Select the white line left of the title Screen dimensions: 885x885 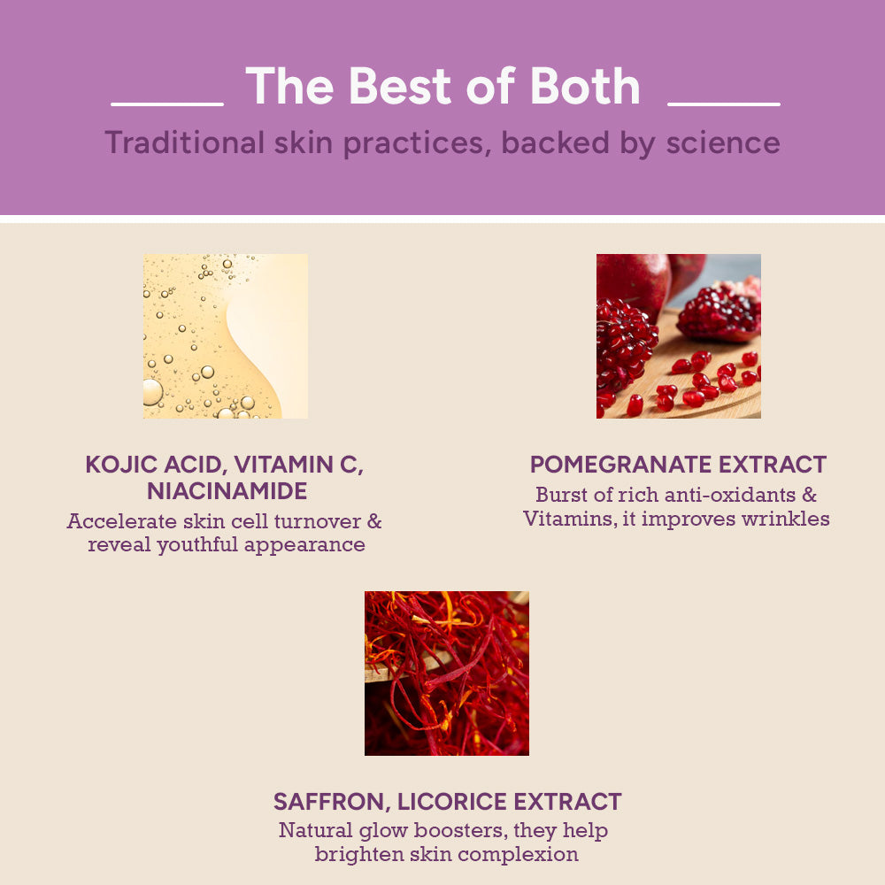167,104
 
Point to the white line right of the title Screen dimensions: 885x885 724,104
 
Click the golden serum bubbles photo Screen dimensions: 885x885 226,336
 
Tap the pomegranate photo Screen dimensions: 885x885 678,336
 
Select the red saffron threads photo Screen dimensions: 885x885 447,673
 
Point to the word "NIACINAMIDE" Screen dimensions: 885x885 227,491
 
